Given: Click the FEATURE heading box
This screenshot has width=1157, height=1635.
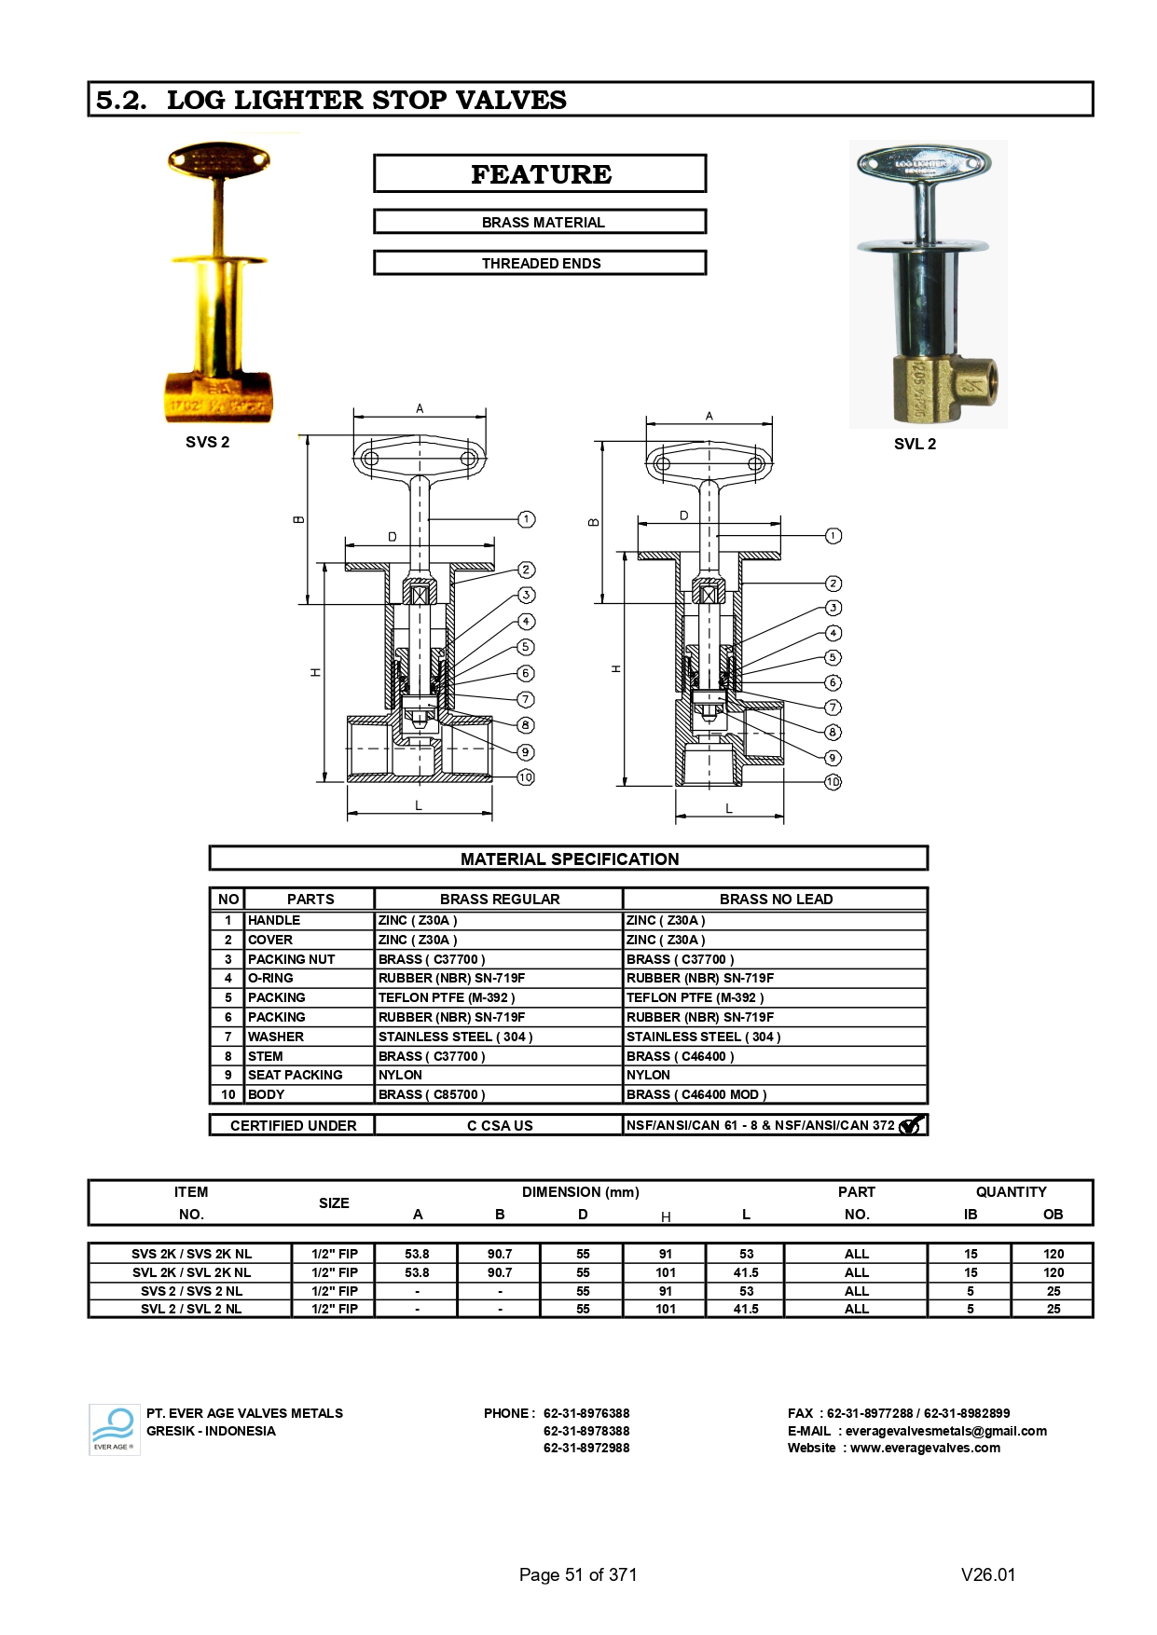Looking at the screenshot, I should [540, 174].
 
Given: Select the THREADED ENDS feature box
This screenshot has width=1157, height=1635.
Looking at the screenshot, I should [540, 263].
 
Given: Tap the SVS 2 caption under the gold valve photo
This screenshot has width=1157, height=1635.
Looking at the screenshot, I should [207, 442].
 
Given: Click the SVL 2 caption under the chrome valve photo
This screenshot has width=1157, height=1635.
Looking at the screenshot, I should [914, 444].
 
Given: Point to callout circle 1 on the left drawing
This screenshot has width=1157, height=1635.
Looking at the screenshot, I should [526, 519].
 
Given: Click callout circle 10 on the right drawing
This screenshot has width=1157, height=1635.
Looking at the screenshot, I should [833, 782].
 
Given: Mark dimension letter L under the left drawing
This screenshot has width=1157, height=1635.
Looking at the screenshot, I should [419, 805].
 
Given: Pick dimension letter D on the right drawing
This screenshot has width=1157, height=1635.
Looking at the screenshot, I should [683, 515].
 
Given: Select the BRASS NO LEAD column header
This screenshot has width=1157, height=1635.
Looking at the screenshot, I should [775, 899].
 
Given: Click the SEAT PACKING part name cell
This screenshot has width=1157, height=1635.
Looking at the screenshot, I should [295, 1075].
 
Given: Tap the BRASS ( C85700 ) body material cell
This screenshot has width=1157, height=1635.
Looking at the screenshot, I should [432, 1094].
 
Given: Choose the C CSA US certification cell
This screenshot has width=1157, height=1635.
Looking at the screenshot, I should [500, 1125].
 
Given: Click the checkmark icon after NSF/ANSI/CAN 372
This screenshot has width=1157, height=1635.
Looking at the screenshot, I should [911, 1125].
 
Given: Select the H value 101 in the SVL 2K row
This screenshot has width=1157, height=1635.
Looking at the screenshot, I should [665, 1272].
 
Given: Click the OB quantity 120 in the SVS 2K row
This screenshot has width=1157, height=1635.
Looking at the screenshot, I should [1053, 1254].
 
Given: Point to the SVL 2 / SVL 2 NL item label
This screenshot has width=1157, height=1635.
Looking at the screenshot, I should [191, 1309].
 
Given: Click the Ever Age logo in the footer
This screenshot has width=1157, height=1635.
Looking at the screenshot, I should [114, 1430].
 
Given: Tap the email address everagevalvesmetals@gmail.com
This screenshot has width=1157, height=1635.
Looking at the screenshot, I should [945, 1431].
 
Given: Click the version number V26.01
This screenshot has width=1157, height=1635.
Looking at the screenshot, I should [987, 1574].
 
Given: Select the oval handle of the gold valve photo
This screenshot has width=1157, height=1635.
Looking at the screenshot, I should [218, 160].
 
